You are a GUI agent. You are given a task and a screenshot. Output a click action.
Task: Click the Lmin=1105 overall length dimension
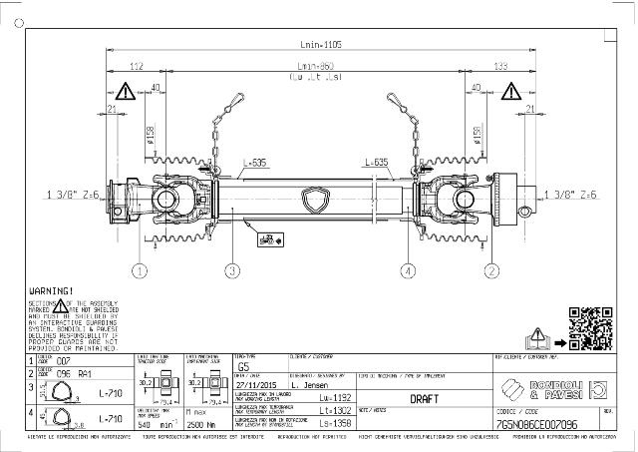click(319, 45)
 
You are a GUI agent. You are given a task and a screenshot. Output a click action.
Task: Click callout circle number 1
click(141, 269)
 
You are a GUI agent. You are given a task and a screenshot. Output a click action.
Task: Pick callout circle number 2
click(490, 269)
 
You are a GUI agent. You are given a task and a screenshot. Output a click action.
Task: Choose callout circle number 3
click(232, 269)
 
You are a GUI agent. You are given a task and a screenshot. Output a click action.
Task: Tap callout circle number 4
click(408, 269)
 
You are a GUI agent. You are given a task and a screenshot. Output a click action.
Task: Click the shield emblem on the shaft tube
click(318, 201)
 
